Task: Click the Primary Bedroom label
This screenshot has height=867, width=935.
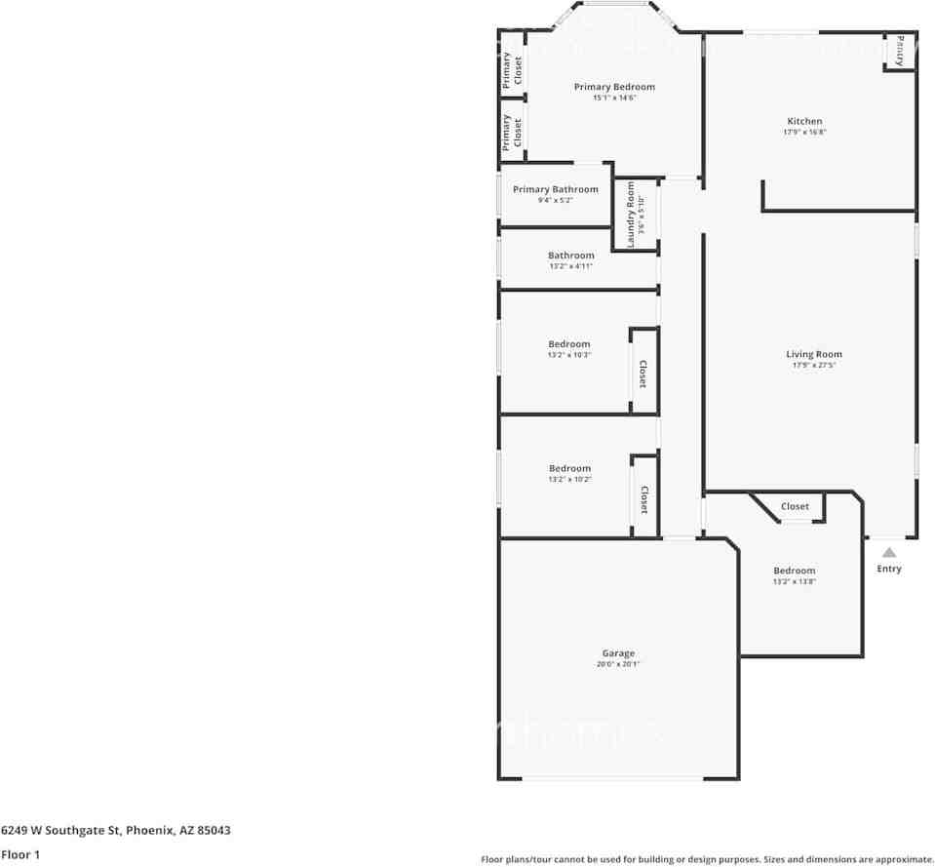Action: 613,87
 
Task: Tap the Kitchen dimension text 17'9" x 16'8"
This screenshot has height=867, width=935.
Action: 804,133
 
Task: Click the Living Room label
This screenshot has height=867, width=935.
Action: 813,354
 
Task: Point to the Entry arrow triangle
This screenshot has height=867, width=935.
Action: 889,552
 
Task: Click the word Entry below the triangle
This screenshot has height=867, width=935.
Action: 889,569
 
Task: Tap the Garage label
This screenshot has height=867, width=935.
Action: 618,653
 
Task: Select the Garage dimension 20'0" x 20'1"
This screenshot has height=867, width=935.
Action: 618,664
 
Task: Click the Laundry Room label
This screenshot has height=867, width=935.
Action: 631,215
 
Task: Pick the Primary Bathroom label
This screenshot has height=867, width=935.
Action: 555,189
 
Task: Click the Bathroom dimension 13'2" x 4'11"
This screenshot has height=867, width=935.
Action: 570,266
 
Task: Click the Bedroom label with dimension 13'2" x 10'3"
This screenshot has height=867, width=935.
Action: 568,344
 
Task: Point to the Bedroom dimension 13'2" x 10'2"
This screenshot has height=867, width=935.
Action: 569,480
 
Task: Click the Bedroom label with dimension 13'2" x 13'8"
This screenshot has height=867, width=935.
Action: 794,571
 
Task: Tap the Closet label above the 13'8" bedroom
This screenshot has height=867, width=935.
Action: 795,507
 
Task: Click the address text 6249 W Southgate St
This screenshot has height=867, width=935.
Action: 62,831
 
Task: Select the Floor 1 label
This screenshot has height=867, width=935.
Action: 20,854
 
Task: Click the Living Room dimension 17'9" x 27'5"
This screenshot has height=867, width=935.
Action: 813,365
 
